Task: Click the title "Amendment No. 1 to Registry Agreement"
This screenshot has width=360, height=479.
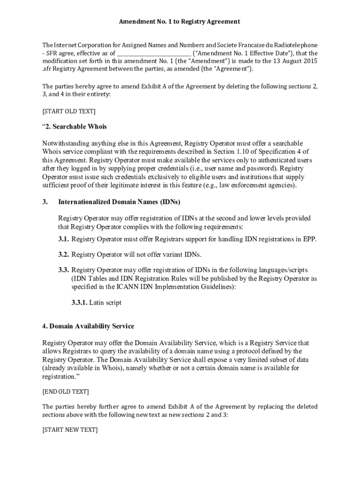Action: [x=180, y=22]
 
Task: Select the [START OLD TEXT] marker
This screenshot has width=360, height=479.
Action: [x=69, y=111]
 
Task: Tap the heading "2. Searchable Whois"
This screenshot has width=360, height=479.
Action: [x=74, y=127]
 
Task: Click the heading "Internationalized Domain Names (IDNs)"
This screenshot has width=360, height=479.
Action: [x=119, y=202]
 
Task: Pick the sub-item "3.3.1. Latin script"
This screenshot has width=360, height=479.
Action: [x=93, y=303]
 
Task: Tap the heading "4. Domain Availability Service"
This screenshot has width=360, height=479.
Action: [x=88, y=326]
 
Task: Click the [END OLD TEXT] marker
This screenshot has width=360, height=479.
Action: [x=65, y=392]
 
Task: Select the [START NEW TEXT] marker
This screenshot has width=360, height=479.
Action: [x=70, y=430]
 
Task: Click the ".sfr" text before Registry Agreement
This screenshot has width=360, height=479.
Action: [x=48, y=69]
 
